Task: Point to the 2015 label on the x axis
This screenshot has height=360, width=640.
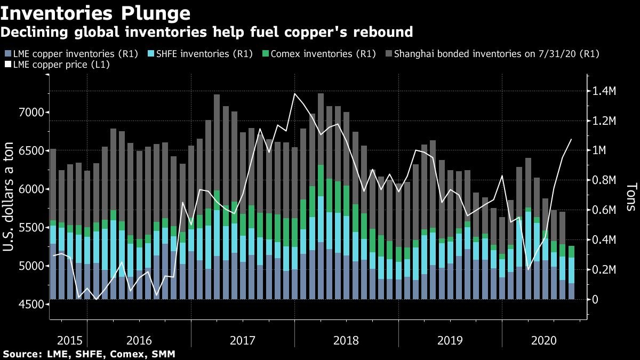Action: (70, 340)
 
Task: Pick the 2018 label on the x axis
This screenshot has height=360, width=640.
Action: (346, 340)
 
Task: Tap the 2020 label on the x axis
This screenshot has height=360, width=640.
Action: (544, 340)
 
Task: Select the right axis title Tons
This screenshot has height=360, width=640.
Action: (630, 196)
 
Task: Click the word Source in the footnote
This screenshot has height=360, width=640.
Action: (20, 354)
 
